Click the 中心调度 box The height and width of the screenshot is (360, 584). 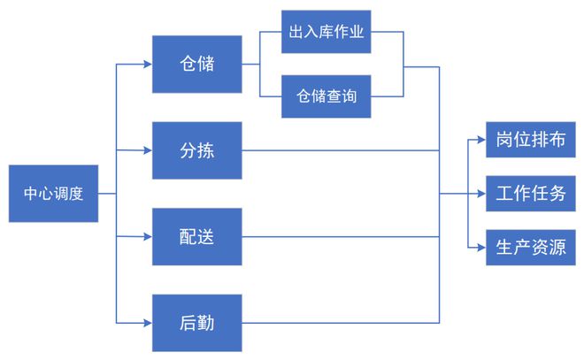53,193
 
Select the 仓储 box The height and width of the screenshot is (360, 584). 196,64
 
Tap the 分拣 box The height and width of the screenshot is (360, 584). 196,149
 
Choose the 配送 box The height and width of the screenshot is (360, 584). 196,236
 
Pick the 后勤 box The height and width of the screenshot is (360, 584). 196,322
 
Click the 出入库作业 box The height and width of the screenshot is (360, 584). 326,33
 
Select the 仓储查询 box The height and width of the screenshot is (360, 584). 326,96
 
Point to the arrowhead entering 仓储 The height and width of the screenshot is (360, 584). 147,64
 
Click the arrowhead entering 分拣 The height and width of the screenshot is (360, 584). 147,150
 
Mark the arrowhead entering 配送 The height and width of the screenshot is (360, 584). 147,236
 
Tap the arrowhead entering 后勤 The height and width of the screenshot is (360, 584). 147,322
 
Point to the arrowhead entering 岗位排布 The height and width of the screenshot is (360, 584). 480,140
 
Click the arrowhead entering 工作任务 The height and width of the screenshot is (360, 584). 480,193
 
